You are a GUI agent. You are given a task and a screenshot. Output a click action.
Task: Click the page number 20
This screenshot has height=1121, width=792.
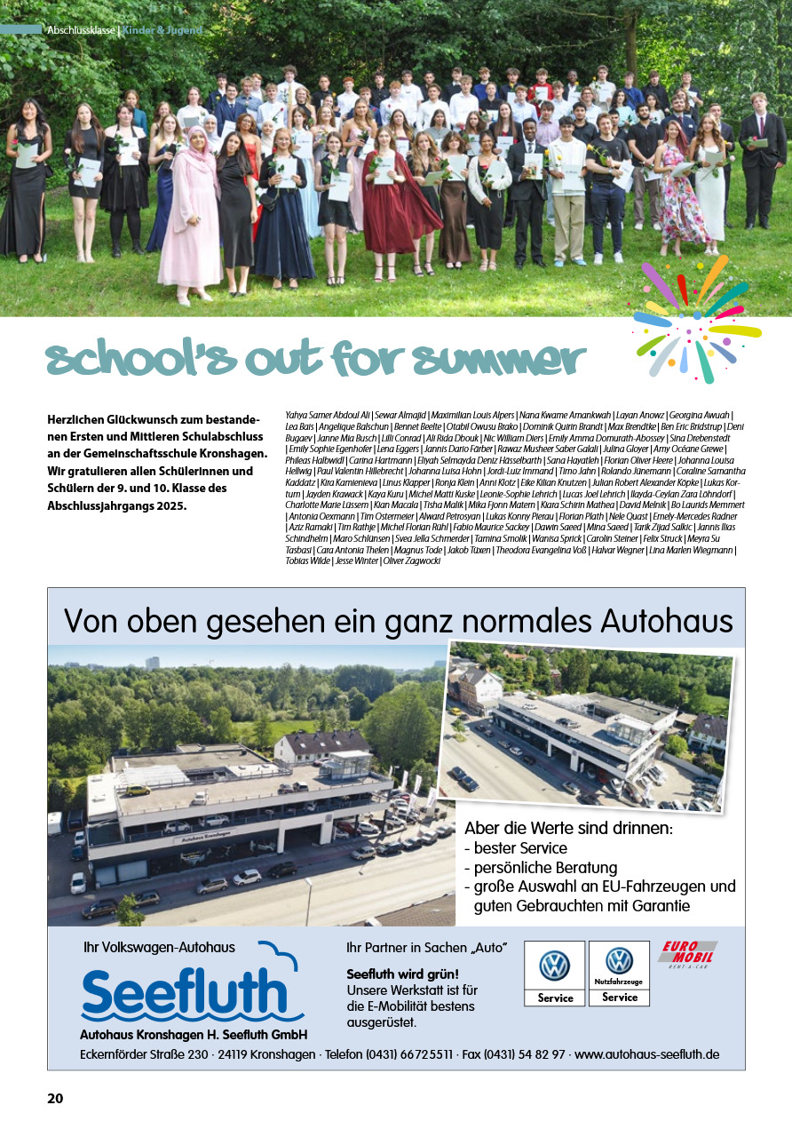tap(55, 1098)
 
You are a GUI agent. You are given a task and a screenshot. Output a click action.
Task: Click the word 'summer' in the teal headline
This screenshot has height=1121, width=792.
tap(501, 360)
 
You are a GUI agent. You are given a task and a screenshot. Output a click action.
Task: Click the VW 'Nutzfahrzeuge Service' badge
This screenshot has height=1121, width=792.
tap(619, 973)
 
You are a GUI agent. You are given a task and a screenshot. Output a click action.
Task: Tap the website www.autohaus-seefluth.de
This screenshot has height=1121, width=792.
tap(646, 1054)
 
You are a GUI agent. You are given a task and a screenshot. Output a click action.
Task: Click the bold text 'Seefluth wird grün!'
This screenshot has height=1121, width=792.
tap(402, 974)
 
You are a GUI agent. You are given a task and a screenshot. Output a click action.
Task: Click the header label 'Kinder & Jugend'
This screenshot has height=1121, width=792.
tap(162, 30)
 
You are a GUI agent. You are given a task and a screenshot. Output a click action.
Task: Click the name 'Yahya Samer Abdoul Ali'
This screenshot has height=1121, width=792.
tap(329, 415)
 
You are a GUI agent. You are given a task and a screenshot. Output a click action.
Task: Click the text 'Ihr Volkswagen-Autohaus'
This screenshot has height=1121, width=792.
tap(159, 947)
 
